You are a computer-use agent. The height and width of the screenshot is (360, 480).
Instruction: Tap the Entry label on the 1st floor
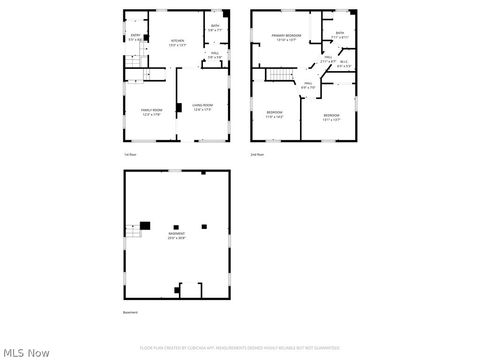(136, 36)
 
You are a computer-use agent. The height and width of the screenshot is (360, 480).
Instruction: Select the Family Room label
(152, 111)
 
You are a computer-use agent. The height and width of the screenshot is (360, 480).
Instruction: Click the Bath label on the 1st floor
(215, 27)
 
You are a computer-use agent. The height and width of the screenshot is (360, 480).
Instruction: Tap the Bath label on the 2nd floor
(340, 34)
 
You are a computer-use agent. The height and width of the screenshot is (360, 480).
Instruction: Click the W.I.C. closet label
(344, 64)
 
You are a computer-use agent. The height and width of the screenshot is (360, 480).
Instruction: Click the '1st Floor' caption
(130, 155)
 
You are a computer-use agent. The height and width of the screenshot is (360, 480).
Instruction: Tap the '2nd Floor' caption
(257, 155)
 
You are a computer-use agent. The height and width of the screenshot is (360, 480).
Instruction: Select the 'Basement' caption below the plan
(131, 313)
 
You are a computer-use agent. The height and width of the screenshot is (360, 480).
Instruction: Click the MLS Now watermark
(27, 352)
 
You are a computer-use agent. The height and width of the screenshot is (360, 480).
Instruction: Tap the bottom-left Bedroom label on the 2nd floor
(274, 115)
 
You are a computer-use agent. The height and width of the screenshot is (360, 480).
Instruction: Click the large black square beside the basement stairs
(145, 226)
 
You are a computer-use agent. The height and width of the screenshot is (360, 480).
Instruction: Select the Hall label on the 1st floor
(215, 56)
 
